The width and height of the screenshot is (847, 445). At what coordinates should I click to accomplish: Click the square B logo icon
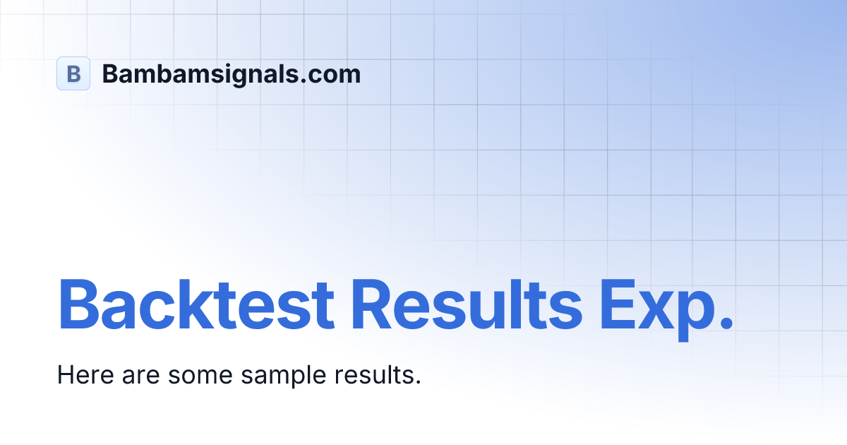(x=73, y=73)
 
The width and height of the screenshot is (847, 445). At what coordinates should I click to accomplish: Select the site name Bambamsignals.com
(x=232, y=73)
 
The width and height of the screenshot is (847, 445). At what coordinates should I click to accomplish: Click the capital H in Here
(x=65, y=375)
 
